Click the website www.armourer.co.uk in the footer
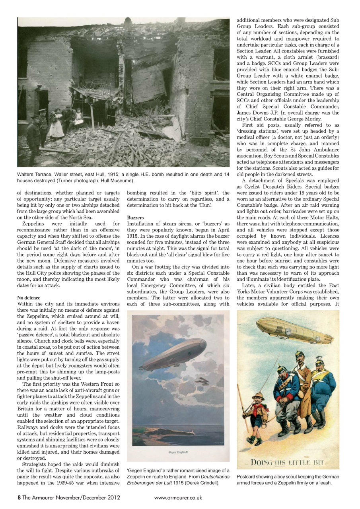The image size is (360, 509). [x=178, y=497]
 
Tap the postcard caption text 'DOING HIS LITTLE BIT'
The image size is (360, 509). [x=289, y=462]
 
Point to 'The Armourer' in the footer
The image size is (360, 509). [x=39, y=497]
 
